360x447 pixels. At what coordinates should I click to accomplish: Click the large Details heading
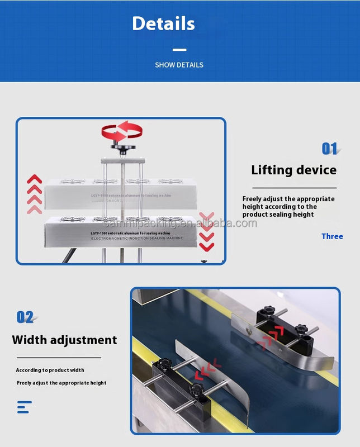pyautogui.click(x=163, y=23)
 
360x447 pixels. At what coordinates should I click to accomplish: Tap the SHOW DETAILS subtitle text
pyautogui.click(x=179, y=65)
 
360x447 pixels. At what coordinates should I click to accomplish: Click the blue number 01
pyautogui.click(x=330, y=149)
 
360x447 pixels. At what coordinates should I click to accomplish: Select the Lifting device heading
pyautogui.click(x=293, y=170)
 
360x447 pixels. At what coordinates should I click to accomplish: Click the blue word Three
pyautogui.click(x=332, y=236)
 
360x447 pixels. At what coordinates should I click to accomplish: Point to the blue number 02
pyautogui.click(x=25, y=317)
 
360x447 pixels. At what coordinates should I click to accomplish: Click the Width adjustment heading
pyautogui.click(x=64, y=340)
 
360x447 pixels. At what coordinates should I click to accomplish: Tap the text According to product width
pyautogui.click(x=50, y=370)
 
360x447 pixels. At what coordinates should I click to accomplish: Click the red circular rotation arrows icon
pyautogui.click(x=121, y=132)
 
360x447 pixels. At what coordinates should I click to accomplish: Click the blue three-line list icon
pyautogui.click(x=24, y=407)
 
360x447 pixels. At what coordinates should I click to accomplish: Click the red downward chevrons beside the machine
pyautogui.click(x=206, y=230)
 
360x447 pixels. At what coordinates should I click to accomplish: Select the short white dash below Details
pyautogui.click(x=179, y=49)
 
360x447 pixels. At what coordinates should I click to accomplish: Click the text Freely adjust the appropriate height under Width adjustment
pyautogui.click(x=61, y=383)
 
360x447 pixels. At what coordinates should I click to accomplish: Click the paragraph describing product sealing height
pyautogui.click(x=288, y=207)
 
